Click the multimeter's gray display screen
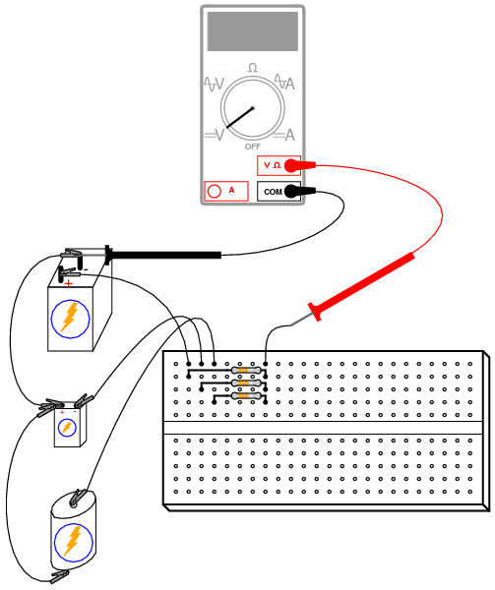pyautogui.click(x=253, y=31)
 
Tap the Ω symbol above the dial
pyautogui.click(x=253, y=68)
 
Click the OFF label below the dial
pyautogui.click(x=253, y=147)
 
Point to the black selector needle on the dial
pyautogui.click(x=240, y=117)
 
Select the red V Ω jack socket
pyautogui.click(x=291, y=165)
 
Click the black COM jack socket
pyautogui.click(x=291, y=192)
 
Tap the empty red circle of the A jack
pyautogui.click(x=215, y=191)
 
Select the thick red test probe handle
pyautogui.click(x=362, y=287)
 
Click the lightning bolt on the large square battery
pyautogui.click(x=70, y=318)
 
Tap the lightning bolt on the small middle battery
pyautogui.click(x=67, y=428)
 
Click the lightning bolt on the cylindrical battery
pyautogui.click(x=73, y=541)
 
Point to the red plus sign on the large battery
pyautogui.click(x=69, y=283)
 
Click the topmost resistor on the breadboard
pyautogui.click(x=246, y=371)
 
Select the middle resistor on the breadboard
pyautogui.click(x=246, y=383)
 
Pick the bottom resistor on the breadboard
pyautogui.click(x=246, y=396)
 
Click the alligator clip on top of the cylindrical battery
pyautogui.click(x=78, y=498)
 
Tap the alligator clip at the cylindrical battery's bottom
pyautogui.click(x=60, y=575)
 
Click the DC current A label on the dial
pyautogui.click(x=290, y=135)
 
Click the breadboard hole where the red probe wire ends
pyautogui.click(x=266, y=364)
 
